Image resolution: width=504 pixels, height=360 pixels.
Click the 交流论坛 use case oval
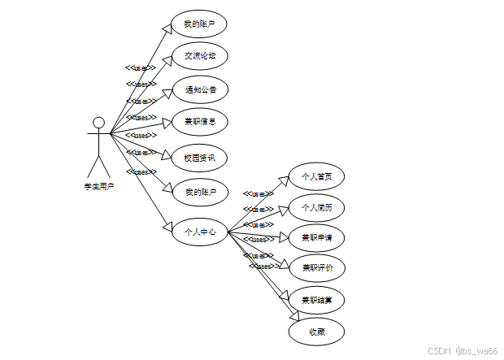click(x=199, y=56)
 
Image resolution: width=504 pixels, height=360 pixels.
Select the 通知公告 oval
click(x=199, y=89)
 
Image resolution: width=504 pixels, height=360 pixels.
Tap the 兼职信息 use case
click(x=199, y=122)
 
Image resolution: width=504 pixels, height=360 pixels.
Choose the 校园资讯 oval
click(x=199, y=157)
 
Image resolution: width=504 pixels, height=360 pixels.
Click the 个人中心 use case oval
click(x=199, y=232)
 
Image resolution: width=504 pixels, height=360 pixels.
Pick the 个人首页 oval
click(x=316, y=176)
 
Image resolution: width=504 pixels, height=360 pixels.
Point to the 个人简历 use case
click(x=316, y=206)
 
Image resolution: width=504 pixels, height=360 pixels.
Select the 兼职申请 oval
click(x=316, y=237)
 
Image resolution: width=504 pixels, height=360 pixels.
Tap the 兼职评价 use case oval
click(x=316, y=267)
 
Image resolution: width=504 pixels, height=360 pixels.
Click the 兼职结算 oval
click(x=316, y=300)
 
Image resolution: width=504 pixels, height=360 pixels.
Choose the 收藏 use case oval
click(x=316, y=331)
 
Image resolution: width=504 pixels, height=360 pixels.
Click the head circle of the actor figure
click(x=98, y=123)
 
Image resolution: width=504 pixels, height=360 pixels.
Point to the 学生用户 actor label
click(x=98, y=186)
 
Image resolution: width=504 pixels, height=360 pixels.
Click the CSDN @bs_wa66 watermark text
click(x=461, y=350)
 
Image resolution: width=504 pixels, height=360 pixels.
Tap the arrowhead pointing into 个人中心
click(x=167, y=227)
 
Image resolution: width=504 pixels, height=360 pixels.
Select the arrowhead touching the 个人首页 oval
click(x=285, y=180)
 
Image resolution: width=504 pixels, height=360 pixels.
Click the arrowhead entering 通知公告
click(x=167, y=90)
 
